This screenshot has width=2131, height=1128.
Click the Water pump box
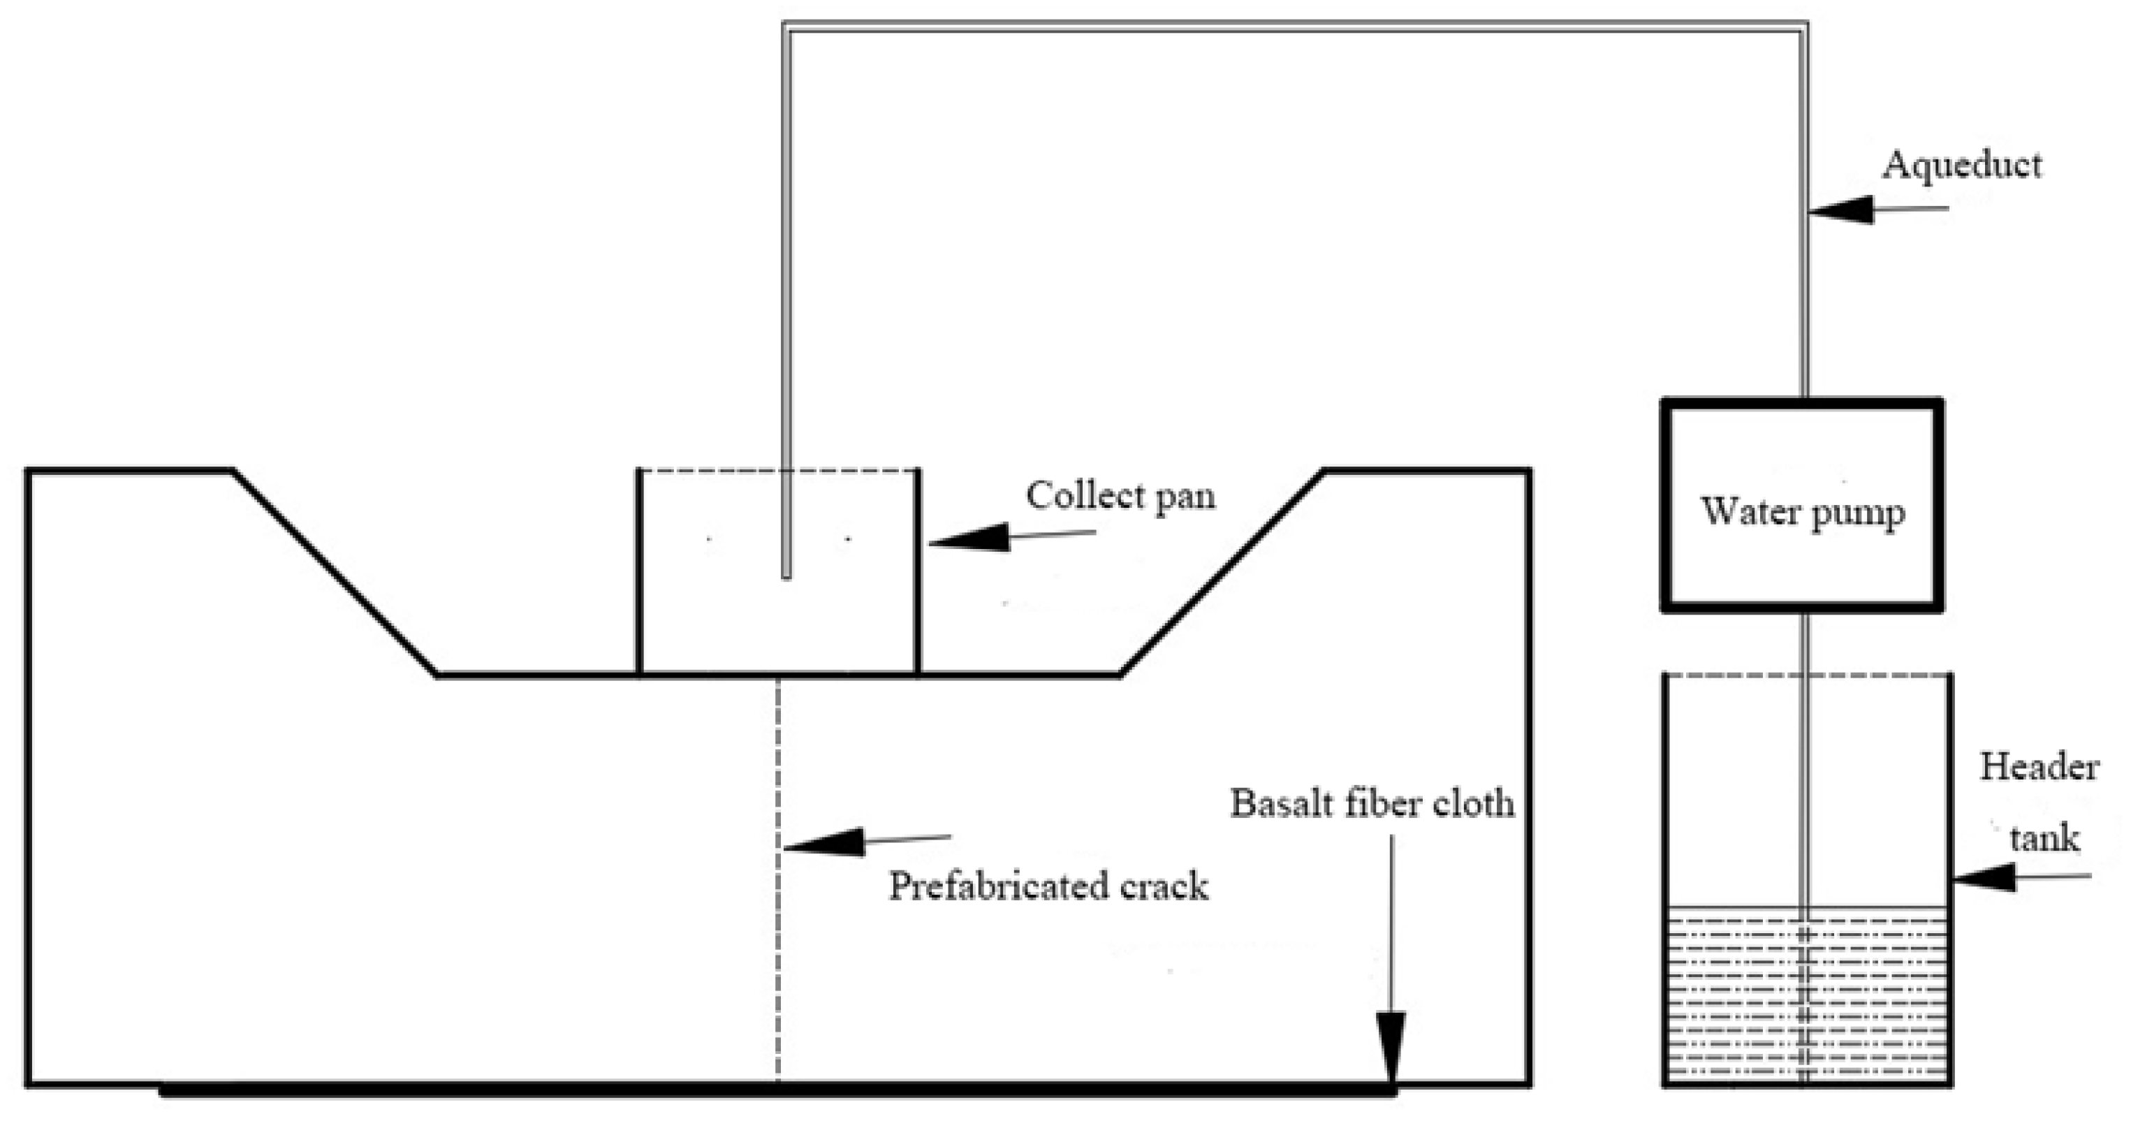pyautogui.click(x=1802, y=505)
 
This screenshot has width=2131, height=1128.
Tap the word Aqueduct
pyautogui.click(x=1961, y=166)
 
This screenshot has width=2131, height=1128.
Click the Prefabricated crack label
pyautogui.click(x=1048, y=886)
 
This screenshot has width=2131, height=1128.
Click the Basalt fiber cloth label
pyautogui.click(x=1372, y=804)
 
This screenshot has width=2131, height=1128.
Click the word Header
pyautogui.click(x=2038, y=768)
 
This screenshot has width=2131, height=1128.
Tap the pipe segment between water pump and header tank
pyautogui.click(x=1804, y=642)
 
